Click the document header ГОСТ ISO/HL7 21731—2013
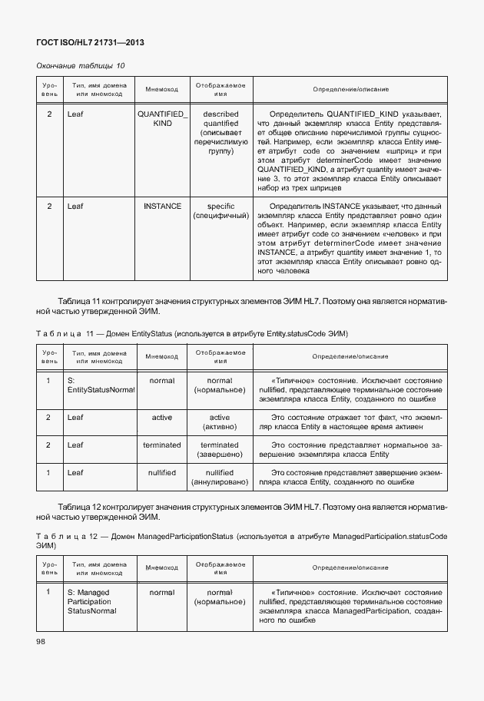[x=90, y=42]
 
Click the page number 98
[x=41, y=641]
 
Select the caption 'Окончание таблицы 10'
[x=81, y=66]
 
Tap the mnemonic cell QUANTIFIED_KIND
[x=162, y=118]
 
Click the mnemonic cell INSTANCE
[x=162, y=206]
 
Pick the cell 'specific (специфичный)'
[x=220, y=211]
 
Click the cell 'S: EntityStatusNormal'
[x=100, y=385]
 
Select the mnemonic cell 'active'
[x=162, y=417]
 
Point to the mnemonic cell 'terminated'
[x=162, y=445]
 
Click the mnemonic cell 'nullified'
[x=162, y=472]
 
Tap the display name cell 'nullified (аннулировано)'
[x=220, y=478]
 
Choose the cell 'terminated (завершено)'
[x=220, y=450]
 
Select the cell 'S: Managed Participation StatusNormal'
[x=92, y=601]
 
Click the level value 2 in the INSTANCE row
[x=49, y=206]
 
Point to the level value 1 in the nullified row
[x=49, y=472]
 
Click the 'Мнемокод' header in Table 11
[x=162, y=356]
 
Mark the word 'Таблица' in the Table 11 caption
[x=55, y=334]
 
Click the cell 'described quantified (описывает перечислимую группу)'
[x=220, y=133]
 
